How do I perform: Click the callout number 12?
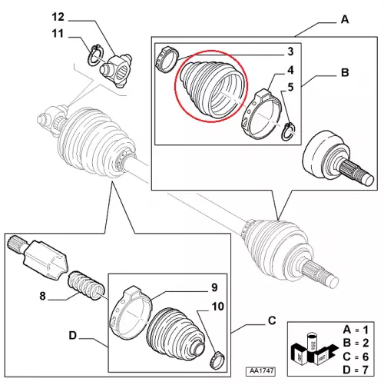(x=58, y=17)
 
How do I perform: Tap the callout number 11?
(x=58, y=34)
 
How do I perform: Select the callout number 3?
(x=290, y=51)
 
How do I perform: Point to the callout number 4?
(x=290, y=70)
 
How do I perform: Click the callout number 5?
(x=290, y=87)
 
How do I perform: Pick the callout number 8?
(x=42, y=296)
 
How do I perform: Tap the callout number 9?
(x=214, y=287)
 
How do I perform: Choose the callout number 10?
(x=218, y=307)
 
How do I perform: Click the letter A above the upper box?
(x=345, y=19)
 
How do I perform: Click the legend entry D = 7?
(x=356, y=370)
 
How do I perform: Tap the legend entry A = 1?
(x=356, y=330)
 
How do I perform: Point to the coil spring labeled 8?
(x=86, y=286)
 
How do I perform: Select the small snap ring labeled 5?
(x=288, y=131)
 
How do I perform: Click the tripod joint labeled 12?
(x=117, y=70)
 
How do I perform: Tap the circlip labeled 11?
(x=96, y=55)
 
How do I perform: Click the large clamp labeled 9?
(x=131, y=313)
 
